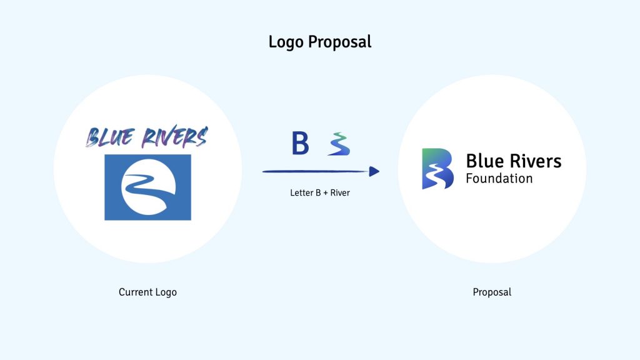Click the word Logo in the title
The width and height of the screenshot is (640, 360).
tap(286, 42)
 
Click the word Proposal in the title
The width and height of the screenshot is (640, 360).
tap(339, 42)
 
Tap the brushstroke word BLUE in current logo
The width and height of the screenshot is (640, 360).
tap(110, 137)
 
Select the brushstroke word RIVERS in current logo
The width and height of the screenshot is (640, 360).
tap(175, 136)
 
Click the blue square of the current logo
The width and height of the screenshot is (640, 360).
tap(147, 187)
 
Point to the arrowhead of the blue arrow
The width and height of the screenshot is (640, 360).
tap(374, 171)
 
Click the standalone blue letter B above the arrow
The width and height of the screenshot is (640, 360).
tap(300, 143)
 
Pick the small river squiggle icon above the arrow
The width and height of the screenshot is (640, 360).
tap(339, 144)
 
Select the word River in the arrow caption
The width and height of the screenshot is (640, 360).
tap(340, 192)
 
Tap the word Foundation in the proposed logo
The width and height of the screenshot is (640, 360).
tap(499, 178)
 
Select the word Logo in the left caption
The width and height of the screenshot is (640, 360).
tap(166, 292)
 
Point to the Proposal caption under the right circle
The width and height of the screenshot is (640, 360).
tap(492, 292)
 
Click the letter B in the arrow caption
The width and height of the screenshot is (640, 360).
tap(318, 192)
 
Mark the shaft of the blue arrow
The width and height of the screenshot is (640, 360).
tap(316, 171)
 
